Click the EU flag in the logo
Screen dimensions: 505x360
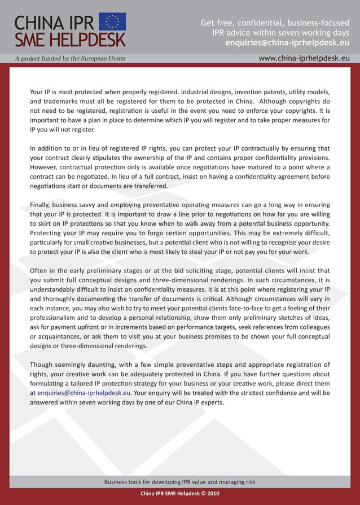point(112,21)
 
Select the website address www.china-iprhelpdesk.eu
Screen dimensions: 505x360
point(304,58)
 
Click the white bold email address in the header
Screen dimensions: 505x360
point(287,42)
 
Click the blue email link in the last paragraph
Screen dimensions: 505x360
point(84,393)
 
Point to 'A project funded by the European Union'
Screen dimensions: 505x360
point(70,58)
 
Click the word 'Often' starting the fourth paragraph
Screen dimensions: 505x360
point(39,270)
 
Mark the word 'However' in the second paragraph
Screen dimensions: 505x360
point(44,167)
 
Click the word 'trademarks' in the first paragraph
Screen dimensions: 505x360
point(64,100)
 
